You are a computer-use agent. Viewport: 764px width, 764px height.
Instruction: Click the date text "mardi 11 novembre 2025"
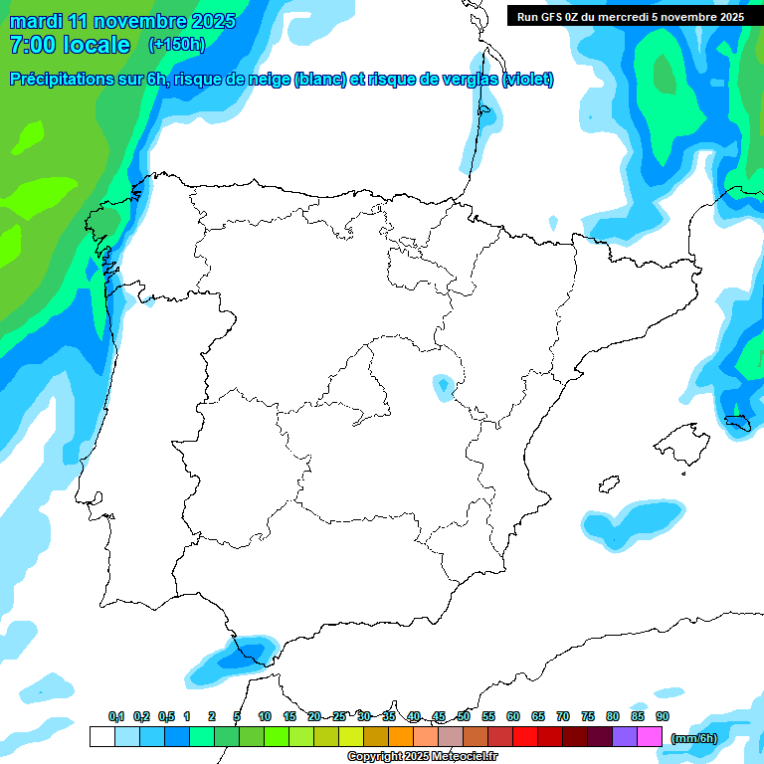(122, 21)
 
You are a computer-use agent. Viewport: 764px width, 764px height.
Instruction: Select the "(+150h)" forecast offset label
(176, 45)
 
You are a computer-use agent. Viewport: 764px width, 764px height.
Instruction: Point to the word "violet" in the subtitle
(526, 80)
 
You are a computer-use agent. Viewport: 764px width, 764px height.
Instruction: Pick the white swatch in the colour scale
(101, 737)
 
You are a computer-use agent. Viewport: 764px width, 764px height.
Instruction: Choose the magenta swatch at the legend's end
(649, 737)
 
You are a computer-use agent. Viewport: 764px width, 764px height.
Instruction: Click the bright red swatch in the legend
(525, 737)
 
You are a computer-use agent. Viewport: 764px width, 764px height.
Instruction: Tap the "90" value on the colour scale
(662, 717)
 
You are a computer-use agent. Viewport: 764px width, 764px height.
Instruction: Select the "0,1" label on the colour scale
(116, 717)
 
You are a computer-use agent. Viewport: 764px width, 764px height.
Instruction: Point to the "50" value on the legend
(464, 717)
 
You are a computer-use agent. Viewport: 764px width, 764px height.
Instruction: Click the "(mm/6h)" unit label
(694, 738)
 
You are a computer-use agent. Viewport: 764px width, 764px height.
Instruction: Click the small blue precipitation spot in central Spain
(443, 385)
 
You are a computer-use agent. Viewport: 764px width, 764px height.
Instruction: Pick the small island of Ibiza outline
(606, 484)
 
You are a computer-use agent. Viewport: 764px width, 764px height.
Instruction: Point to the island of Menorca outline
(737, 425)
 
